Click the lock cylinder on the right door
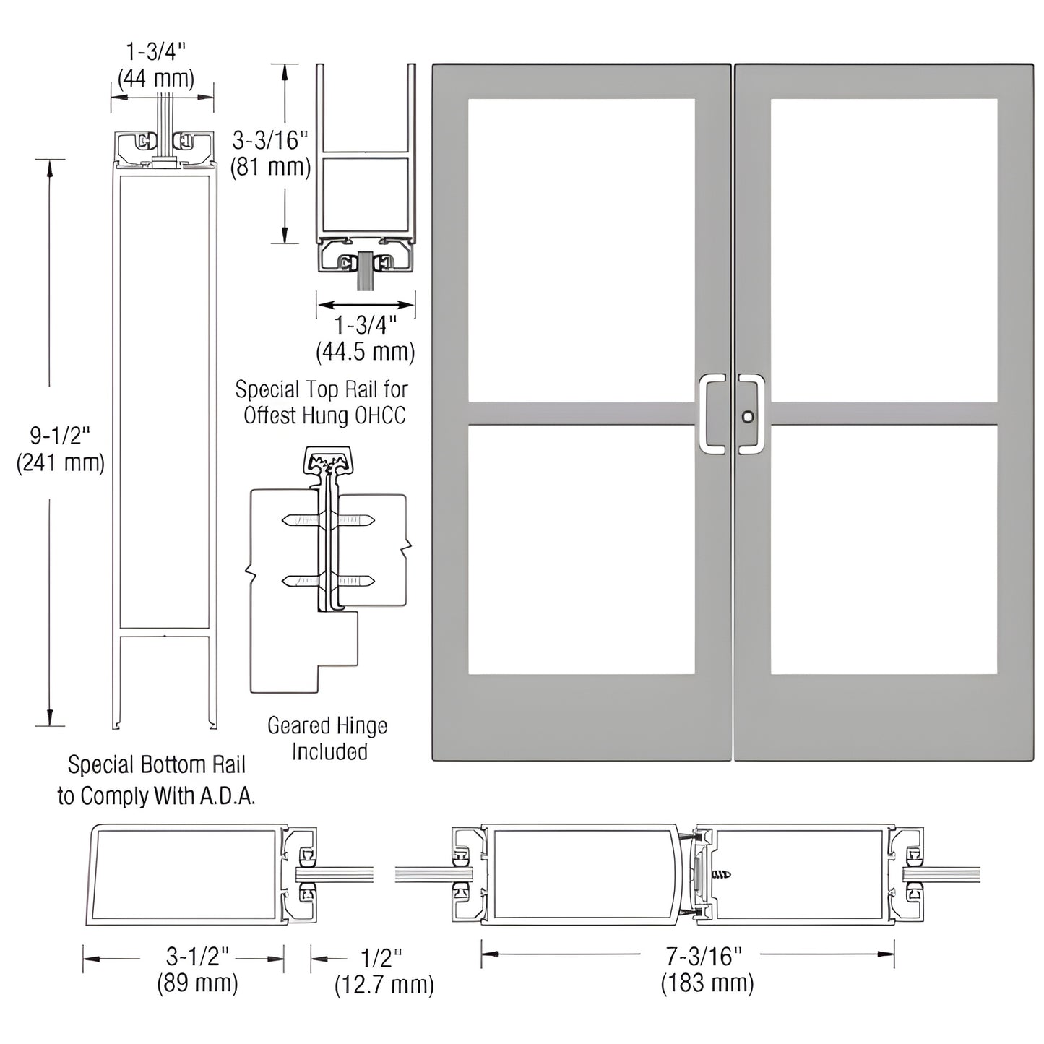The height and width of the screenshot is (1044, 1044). pyautogui.click(x=748, y=417)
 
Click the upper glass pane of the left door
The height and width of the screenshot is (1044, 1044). pyautogui.click(x=581, y=249)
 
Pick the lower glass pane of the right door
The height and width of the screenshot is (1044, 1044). pyautogui.click(x=884, y=549)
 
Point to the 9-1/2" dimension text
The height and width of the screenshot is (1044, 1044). pyautogui.click(x=60, y=436)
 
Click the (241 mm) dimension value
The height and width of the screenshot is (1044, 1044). pyautogui.click(x=60, y=462)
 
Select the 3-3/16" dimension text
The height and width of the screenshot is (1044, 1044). pyautogui.click(x=271, y=139)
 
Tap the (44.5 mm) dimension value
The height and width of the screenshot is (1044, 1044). pyautogui.click(x=365, y=352)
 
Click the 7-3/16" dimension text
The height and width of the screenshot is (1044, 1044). pyautogui.click(x=704, y=957)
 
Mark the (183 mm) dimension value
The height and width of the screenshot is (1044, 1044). pyautogui.click(x=707, y=983)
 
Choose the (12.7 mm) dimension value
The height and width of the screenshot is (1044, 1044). pyautogui.click(x=384, y=985)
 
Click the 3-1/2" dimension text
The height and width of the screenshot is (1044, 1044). pyautogui.click(x=197, y=957)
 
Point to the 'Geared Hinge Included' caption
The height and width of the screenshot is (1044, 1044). pyautogui.click(x=328, y=738)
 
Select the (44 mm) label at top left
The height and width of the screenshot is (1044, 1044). pyautogui.click(x=156, y=78)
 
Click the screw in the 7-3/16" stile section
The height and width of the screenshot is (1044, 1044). pyautogui.click(x=720, y=874)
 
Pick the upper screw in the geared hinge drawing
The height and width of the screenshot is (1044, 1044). pyautogui.click(x=329, y=519)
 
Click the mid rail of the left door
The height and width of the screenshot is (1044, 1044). pyautogui.click(x=581, y=413)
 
